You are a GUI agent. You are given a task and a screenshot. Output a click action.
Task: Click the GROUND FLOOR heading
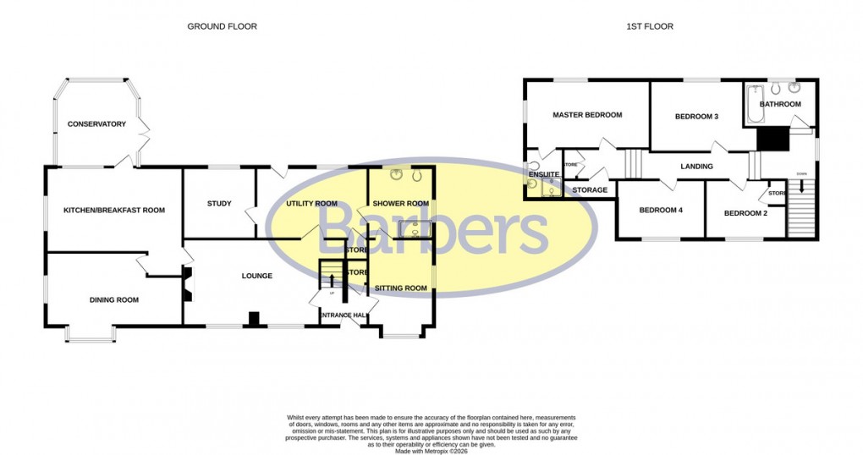click(x=222, y=27)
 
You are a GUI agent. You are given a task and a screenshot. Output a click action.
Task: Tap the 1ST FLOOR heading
click(x=650, y=27)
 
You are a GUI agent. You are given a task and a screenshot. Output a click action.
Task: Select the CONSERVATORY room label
click(x=98, y=124)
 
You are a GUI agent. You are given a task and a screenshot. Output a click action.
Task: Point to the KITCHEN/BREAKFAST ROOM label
click(x=114, y=210)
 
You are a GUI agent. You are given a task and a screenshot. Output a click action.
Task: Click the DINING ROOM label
click(x=114, y=299)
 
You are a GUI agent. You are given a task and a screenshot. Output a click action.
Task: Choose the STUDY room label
click(x=219, y=203)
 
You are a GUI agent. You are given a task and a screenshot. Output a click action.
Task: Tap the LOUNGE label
click(x=257, y=276)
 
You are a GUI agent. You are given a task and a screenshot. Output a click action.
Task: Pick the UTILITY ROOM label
click(x=311, y=203)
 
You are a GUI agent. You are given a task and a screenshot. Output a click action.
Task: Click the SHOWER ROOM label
click(x=401, y=203)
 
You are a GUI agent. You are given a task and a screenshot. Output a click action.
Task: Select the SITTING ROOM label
click(x=401, y=288)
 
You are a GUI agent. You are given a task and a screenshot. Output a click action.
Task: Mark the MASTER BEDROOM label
click(x=587, y=115)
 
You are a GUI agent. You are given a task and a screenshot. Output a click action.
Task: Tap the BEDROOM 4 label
click(x=660, y=210)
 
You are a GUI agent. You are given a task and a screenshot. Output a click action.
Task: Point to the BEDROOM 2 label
click(x=745, y=213)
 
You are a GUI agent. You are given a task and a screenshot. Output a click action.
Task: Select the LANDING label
click(x=696, y=167)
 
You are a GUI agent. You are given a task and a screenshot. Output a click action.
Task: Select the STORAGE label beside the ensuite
click(x=590, y=190)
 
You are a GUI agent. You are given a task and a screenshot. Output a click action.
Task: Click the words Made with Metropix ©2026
click(x=431, y=450)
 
